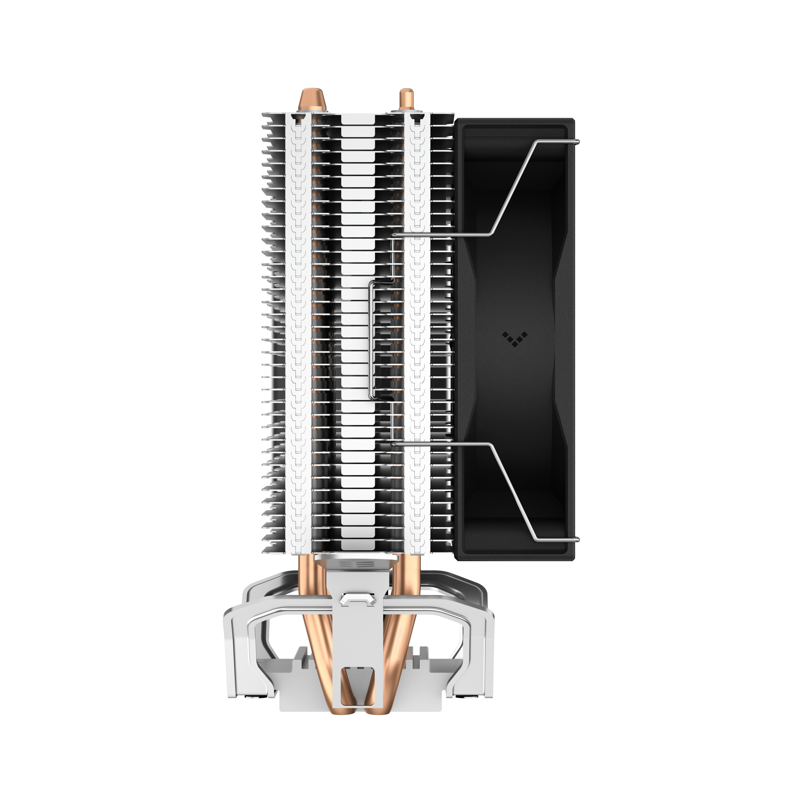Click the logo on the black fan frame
[514, 339]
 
